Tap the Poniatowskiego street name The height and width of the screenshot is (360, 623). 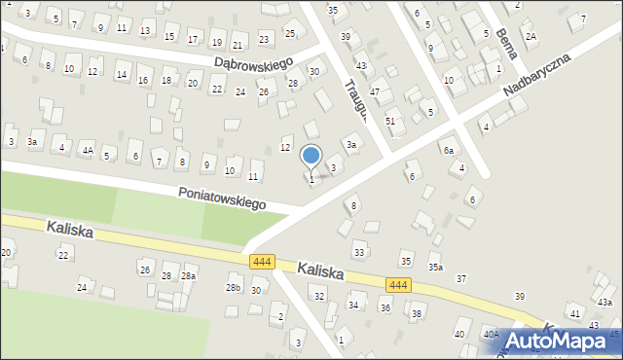pyautogui.click(x=222, y=198)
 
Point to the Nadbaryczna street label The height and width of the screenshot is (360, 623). pyautogui.click(x=536, y=74)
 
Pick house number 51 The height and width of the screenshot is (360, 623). pyautogui.click(x=390, y=121)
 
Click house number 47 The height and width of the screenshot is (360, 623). pyautogui.click(x=374, y=91)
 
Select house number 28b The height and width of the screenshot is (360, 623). pyautogui.click(x=233, y=288)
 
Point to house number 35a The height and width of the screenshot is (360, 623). pyautogui.click(x=435, y=267)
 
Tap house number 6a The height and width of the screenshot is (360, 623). pyautogui.click(x=449, y=151)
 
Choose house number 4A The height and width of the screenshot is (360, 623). pyautogui.click(x=88, y=151)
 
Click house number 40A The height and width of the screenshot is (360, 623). pyautogui.click(x=491, y=335)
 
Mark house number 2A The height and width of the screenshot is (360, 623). pyautogui.click(x=531, y=37)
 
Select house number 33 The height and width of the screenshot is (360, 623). pyautogui.click(x=359, y=253)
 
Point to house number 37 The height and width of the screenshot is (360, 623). pyautogui.click(x=461, y=279)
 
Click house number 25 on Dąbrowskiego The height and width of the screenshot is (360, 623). pyautogui.click(x=289, y=34)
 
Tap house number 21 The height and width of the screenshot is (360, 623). pyautogui.click(x=238, y=45)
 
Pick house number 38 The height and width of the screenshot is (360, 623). pyautogui.click(x=417, y=313)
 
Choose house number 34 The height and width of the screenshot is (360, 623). pyautogui.click(x=353, y=306)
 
